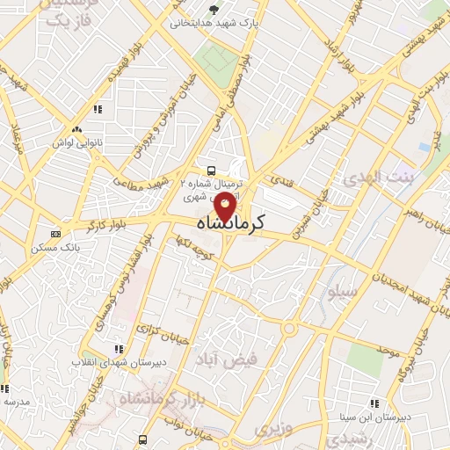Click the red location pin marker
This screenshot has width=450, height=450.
tap(225, 208)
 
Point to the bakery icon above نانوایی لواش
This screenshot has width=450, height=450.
tap(98, 110)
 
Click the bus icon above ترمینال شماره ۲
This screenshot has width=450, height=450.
tap(210, 170)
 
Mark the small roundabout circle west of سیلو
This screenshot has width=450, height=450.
tap(289, 328)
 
